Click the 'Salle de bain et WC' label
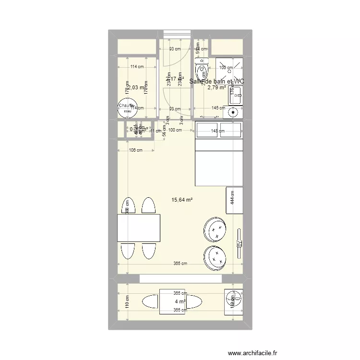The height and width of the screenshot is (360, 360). tap(216, 82)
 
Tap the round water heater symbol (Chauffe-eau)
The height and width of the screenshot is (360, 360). tap(127, 108)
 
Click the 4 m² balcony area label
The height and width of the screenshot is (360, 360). tap(180, 301)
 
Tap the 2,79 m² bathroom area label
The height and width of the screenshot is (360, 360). tap(216, 88)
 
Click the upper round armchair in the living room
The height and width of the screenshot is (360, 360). tap(215, 230)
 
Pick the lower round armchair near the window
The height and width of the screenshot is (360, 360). tap(215, 257)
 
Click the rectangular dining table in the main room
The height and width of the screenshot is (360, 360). tap(139, 228)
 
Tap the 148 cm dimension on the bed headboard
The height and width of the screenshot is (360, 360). tap(217, 131)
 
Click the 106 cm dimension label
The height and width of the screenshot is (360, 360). tap(136, 150)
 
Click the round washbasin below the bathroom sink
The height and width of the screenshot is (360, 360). tap(233, 113)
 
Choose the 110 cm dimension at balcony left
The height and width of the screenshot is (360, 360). tap(128, 301)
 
